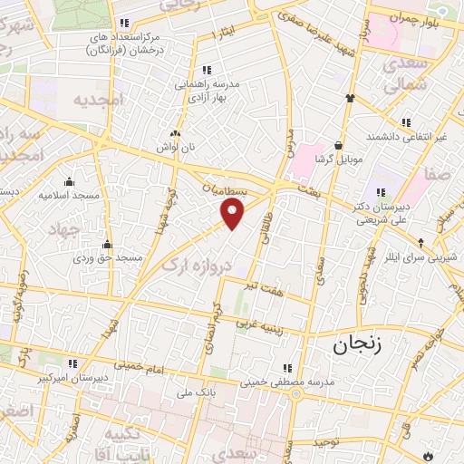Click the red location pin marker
point(233,213)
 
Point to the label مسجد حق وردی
point(108,258)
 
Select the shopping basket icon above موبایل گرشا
point(339,144)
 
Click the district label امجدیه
point(97,99)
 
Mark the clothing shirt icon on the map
point(348,97)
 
